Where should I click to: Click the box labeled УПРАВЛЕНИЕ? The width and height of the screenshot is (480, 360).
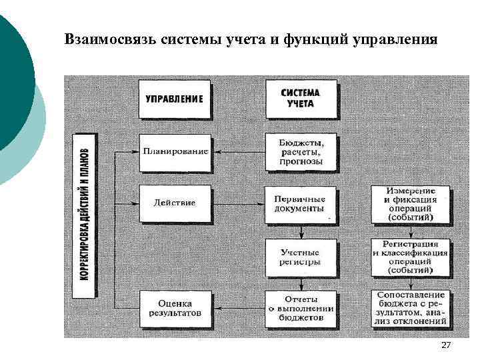[175, 99]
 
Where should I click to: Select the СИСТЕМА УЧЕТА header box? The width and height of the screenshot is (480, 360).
[301, 99]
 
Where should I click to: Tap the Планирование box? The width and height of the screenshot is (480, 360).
[175, 152]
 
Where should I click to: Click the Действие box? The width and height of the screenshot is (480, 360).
[175, 203]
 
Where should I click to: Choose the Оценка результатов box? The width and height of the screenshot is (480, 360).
[175, 308]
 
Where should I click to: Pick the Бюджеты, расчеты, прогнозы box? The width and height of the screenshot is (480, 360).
[301, 152]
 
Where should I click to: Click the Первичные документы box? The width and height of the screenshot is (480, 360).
[301, 205]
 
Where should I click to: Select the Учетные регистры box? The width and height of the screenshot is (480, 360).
[301, 257]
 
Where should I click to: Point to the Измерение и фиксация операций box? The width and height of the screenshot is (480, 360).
[409, 204]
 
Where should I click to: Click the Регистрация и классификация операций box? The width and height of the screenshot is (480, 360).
[409, 257]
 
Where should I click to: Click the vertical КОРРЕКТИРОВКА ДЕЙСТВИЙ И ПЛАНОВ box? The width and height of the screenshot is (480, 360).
[85, 215]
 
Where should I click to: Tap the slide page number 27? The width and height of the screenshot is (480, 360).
[446, 345]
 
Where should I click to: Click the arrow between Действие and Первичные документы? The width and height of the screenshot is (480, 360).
[238, 203]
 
